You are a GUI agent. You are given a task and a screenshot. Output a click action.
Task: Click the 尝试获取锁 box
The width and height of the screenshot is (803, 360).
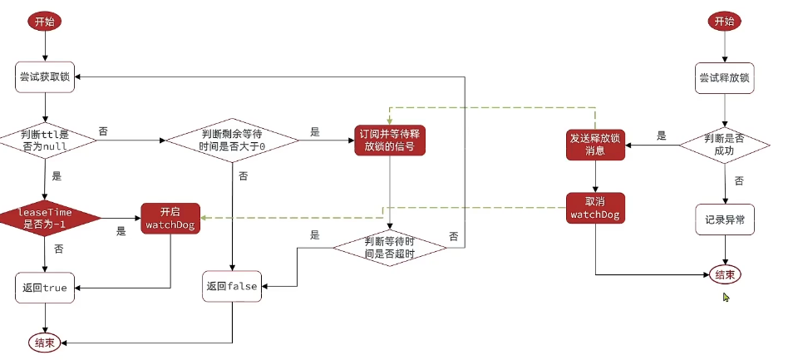(46, 77)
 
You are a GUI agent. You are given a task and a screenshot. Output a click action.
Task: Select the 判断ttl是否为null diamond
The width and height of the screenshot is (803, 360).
(46, 139)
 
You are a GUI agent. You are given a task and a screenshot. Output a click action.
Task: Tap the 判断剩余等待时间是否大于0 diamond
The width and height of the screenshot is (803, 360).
(233, 139)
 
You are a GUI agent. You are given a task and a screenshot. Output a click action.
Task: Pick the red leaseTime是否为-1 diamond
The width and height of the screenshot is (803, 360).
(46, 218)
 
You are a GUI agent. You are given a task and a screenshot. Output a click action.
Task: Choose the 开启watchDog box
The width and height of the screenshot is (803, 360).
(170, 218)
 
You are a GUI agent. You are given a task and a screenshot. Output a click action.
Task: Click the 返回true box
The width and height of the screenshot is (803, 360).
(46, 288)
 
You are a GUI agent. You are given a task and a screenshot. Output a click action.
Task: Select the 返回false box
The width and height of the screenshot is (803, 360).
(232, 286)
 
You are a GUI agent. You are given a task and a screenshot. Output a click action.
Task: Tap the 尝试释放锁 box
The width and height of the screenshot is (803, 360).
(726, 78)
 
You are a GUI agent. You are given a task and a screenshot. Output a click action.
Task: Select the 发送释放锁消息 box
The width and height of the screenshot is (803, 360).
(595, 145)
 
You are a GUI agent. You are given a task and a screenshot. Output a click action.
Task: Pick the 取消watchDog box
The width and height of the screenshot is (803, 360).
(595, 209)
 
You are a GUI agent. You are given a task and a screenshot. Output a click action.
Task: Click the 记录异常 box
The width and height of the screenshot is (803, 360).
(726, 219)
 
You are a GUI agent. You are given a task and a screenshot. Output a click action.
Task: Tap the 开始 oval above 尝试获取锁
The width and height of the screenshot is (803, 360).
(45, 22)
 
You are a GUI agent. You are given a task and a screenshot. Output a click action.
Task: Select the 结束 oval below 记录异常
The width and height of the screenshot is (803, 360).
(724, 274)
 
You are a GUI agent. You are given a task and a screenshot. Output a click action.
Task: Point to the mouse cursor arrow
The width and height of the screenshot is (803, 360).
(727, 297)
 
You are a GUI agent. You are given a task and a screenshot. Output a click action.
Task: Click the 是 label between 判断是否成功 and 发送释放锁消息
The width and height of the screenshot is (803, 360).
(662, 136)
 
